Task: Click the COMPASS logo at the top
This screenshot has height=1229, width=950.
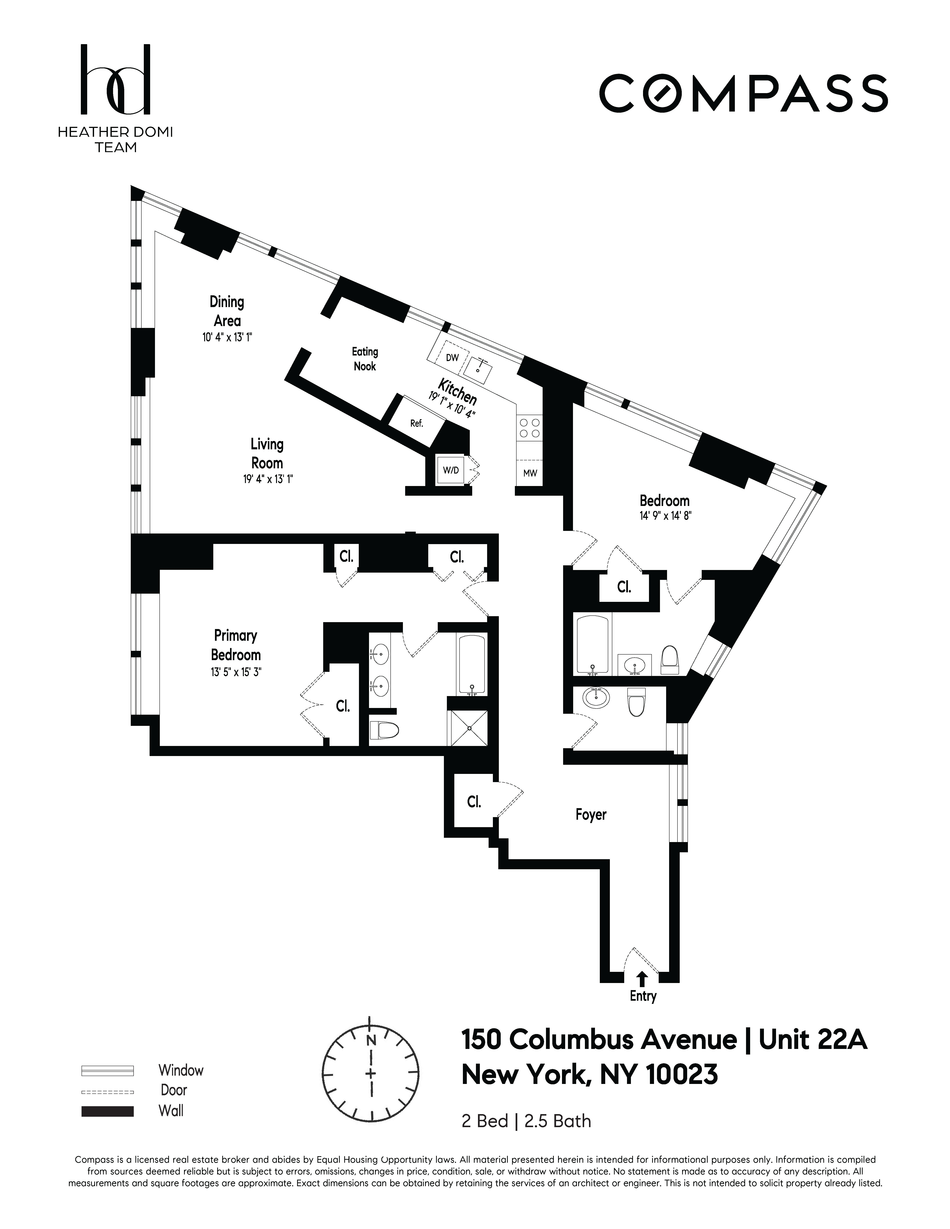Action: (743, 93)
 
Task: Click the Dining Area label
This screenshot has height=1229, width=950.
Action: (227, 311)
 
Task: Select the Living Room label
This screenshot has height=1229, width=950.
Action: (267, 454)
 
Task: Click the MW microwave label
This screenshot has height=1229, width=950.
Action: (530, 473)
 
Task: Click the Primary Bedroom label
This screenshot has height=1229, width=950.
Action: (236, 645)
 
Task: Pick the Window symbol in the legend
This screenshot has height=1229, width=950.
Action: (107, 1070)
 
